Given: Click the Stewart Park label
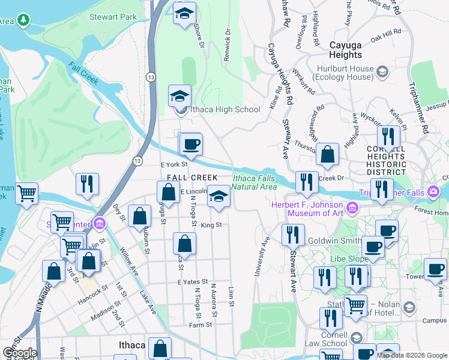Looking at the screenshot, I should tap(113, 17).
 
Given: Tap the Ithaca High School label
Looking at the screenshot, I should tap(225, 110).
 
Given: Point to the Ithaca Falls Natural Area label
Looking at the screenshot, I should tap(255, 182).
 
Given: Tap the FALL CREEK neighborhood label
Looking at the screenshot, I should tap(192, 178).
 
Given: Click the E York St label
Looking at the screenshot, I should tap(174, 163).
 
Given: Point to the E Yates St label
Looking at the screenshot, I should tap(192, 281).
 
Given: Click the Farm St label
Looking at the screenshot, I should tap(201, 325).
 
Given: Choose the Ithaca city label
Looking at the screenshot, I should tap(130, 346).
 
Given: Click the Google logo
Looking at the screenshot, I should tap(20, 353).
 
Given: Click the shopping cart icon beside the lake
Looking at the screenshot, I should tap(26, 193).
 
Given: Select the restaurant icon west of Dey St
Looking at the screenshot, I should tap(88, 183).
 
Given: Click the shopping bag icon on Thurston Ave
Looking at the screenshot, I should tap(328, 154).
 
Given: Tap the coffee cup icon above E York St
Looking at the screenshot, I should tap(191, 144).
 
